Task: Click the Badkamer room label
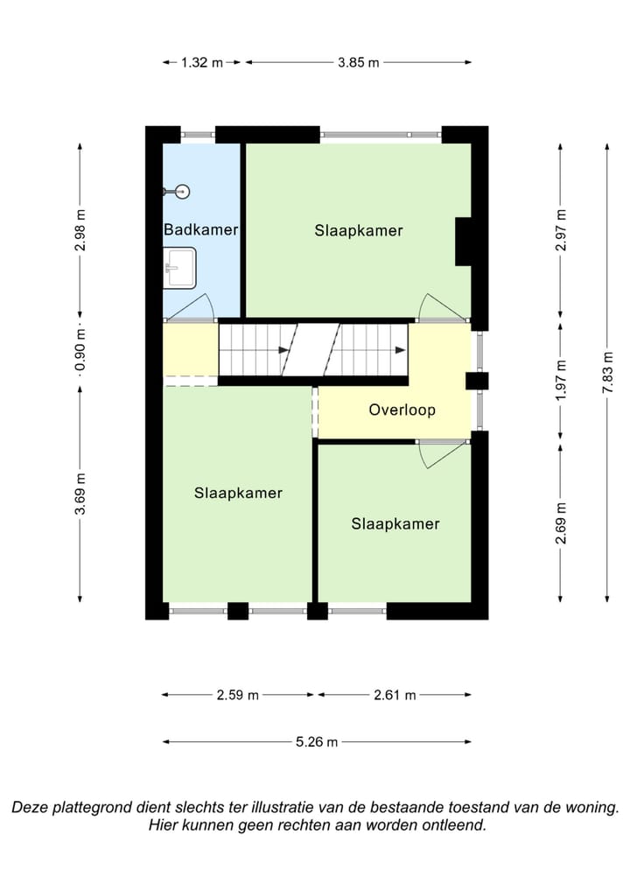point(200,229)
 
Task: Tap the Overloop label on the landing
point(402,410)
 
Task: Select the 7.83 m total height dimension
point(608,373)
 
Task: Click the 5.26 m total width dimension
point(317,741)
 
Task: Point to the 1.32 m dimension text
point(201,62)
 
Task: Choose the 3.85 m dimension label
point(359,62)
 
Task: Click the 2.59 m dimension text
point(237,694)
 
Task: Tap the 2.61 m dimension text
point(395,694)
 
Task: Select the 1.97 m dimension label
point(561,380)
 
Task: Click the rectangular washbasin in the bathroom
point(179,267)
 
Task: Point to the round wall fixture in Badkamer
point(182,192)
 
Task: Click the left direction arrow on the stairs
point(283,350)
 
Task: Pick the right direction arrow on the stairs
point(401,350)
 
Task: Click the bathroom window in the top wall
point(199,135)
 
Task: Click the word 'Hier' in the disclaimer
point(162,824)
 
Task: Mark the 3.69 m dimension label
point(80,494)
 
